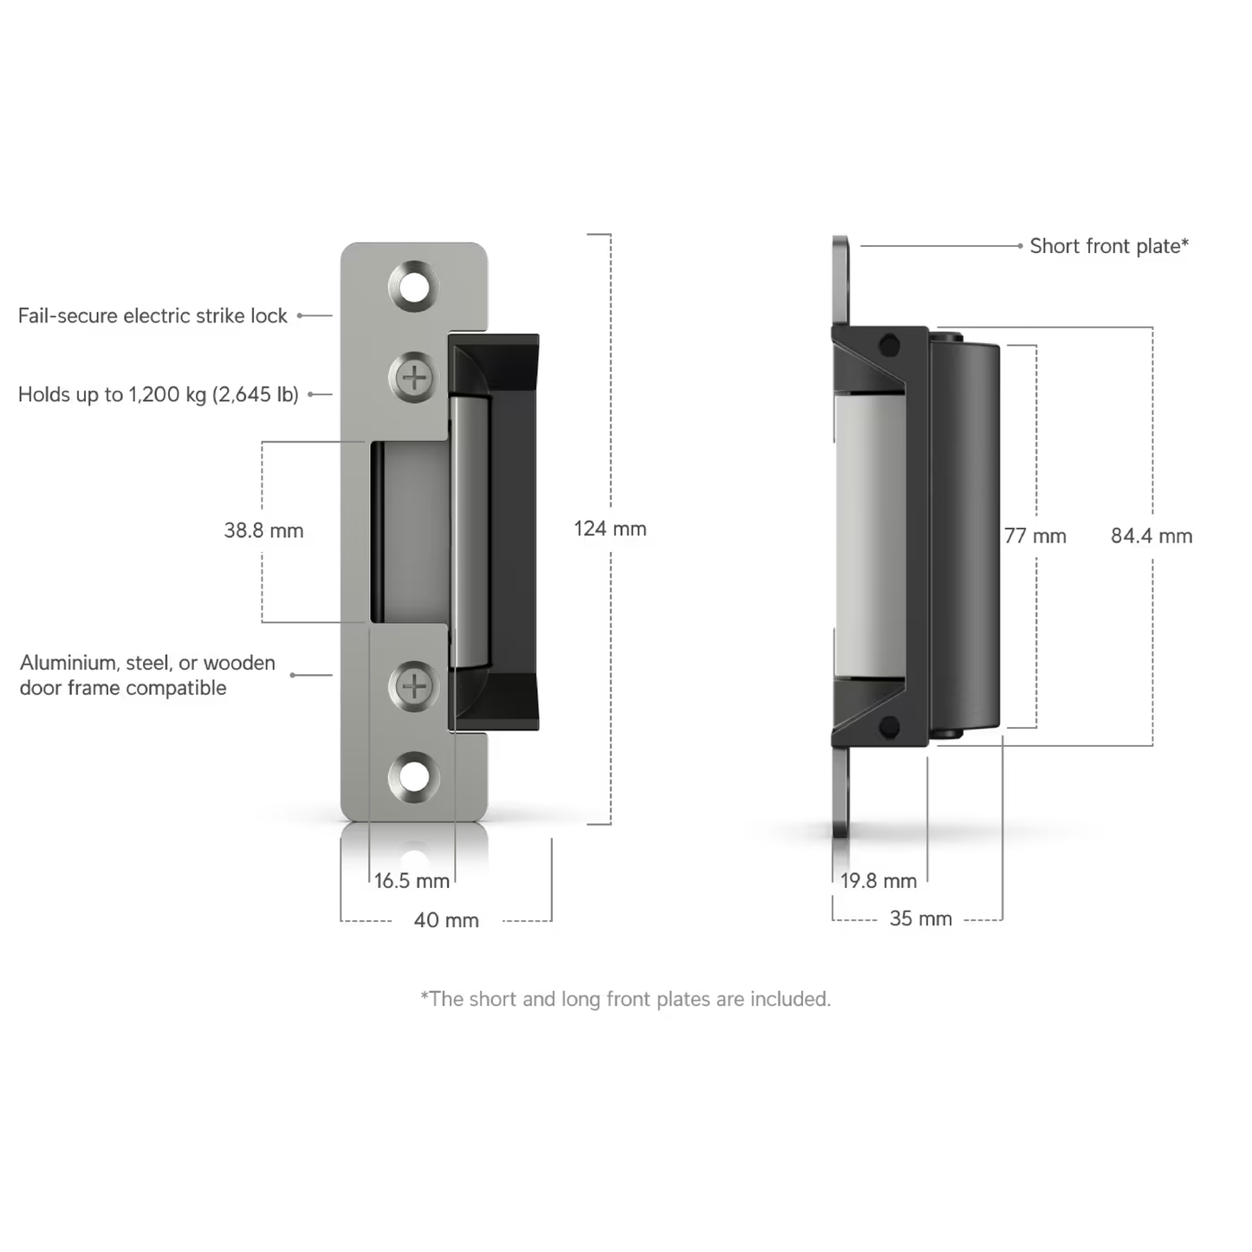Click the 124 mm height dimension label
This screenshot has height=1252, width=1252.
pos(610,529)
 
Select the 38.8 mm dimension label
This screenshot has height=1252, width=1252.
pos(263,530)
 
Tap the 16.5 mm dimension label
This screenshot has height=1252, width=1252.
pos(412,881)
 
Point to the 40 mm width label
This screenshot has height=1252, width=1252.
pos(446,920)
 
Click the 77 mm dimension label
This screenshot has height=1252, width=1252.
pos(1035,536)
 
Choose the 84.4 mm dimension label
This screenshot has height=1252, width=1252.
pos(1151,536)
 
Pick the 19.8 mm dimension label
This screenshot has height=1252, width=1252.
pos(879,881)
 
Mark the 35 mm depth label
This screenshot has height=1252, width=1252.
pos(920,918)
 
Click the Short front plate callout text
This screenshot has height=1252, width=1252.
pos(1109,246)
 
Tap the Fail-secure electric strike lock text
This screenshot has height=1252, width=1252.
pos(152,315)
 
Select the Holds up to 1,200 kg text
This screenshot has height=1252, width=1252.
pos(159,394)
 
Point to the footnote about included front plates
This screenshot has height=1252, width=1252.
pos(626,999)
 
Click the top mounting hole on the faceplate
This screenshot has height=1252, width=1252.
pos(414,284)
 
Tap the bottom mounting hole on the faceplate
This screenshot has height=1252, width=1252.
pos(414,775)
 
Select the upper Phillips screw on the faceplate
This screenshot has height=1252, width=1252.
pos(414,378)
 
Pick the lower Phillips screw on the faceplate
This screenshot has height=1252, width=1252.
pos(414,686)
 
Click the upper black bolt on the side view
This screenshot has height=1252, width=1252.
pos(889,346)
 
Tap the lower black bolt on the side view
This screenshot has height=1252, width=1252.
pos(889,727)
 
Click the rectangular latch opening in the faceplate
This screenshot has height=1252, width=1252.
pos(409,532)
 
